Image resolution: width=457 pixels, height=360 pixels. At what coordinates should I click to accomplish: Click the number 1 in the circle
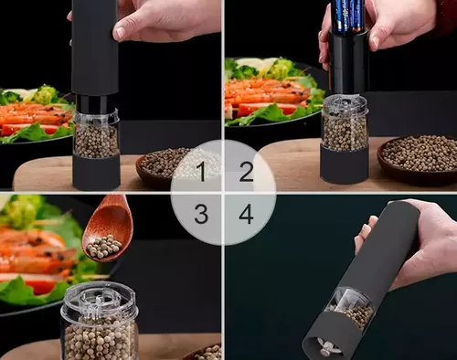(x=201, y=172)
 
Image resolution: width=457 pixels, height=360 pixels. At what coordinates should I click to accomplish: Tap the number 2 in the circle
(x=247, y=172)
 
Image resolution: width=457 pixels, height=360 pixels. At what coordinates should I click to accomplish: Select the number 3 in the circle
(x=201, y=214)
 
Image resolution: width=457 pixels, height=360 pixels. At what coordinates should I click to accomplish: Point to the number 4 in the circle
(x=246, y=214)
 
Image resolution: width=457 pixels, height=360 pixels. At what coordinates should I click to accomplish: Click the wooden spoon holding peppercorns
(x=108, y=228)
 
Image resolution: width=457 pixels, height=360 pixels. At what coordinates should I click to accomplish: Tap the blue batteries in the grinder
(x=347, y=16)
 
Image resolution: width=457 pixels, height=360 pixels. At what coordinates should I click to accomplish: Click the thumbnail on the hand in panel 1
(x=119, y=33)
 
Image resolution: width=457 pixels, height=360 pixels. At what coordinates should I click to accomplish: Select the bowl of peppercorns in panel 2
(x=418, y=160)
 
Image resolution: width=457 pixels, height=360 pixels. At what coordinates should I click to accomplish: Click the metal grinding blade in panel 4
(x=326, y=346)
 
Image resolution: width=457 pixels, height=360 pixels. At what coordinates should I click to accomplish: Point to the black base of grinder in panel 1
(x=96, y=173)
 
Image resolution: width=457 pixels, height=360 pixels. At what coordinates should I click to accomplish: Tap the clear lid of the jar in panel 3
(x=100, y=302)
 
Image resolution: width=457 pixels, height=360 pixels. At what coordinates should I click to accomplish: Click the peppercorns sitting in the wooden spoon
(x=104, y=247)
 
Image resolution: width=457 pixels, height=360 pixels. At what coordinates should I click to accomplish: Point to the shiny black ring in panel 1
(x=95, y=103)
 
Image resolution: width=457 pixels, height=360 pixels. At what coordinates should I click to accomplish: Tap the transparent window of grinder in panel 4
(x=352, y=308)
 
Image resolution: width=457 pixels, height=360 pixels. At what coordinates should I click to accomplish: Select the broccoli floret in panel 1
(x=47, y=94)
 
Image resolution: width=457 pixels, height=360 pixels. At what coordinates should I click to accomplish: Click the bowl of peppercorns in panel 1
(x=163, y=167)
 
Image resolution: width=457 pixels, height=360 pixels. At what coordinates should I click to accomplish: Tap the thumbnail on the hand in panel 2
(x=375, y=43)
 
